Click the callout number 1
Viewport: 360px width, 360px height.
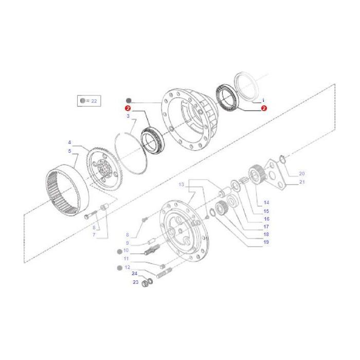pos(263,100)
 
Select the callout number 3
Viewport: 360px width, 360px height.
pos(128,117)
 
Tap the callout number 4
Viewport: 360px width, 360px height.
pos(69,142)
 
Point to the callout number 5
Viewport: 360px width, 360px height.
pos(69,151)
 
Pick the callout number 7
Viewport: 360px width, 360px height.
pos(94,235)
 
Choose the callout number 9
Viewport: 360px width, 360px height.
pos(127,243)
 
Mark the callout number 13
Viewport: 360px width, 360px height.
pos(181,184)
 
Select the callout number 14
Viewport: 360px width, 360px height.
pos(266,202)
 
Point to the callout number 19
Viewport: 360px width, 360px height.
pos(266,242)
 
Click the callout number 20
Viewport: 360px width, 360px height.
pos(302,173)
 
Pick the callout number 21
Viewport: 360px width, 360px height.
pos(302,182)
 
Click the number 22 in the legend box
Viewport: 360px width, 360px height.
pos(94,101)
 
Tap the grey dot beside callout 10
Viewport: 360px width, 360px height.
pos(119,250)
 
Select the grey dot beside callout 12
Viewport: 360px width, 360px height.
pos(119,268)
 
